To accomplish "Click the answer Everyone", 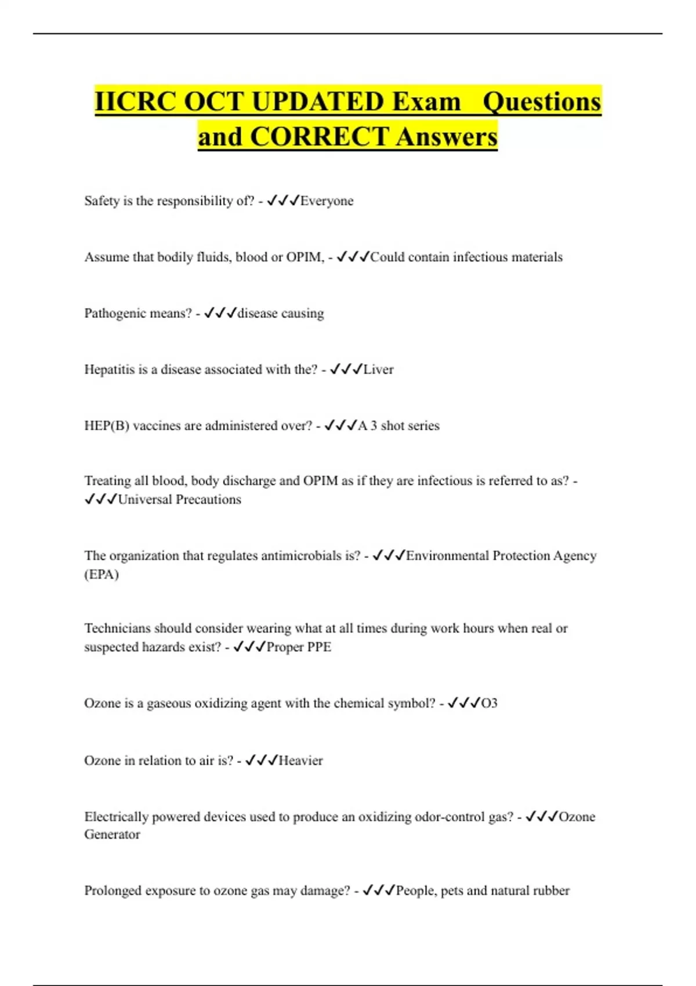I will click(x=327, y=201).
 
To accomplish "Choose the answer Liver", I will click(x=378, y=369).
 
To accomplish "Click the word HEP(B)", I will click(x=107, y=426).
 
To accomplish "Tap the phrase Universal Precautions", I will click(x=179, y=499).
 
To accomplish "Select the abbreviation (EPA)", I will click(x=101, y=575).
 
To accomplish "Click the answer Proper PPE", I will click(x=299, y=647).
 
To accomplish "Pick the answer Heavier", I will click(x=300, y=760).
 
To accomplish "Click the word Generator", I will click(x=112, y=835).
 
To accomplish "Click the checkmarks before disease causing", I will click(x=220, y=313).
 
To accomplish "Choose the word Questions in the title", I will click(x=542, y=102).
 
